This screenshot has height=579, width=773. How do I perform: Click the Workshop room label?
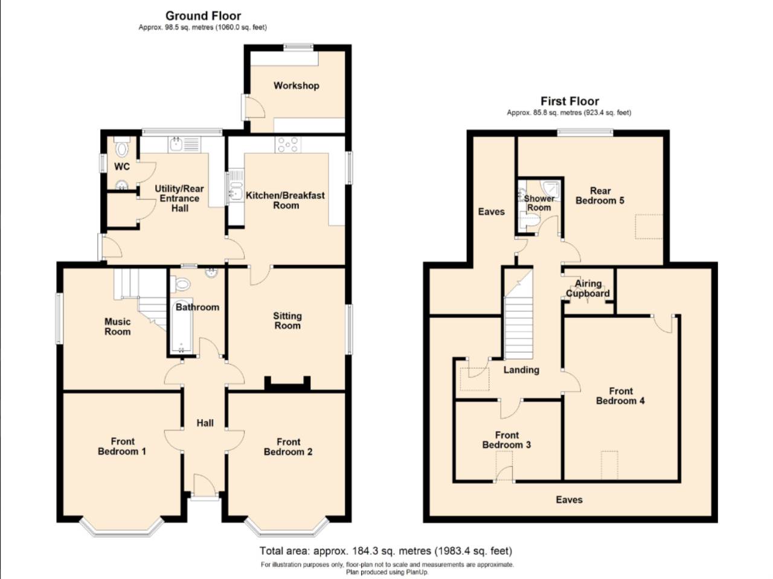click(296, 86)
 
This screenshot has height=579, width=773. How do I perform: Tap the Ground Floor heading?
click(203, 16)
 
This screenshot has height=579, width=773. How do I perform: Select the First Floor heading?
click(569, 101)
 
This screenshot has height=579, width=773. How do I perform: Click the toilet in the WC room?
click(121, 148)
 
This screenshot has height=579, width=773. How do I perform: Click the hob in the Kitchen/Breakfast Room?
click(287, 145)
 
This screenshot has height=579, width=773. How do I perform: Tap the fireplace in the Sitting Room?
click(287, 384)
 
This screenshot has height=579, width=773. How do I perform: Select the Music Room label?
click(117, 326)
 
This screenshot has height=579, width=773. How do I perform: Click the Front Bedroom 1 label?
click(122, 446)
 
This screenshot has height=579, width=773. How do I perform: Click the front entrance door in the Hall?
click(204, 486)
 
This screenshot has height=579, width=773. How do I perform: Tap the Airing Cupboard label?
click(588, 288)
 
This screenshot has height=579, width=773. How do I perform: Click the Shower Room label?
click(539, 203)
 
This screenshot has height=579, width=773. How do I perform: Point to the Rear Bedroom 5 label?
click(600, 195)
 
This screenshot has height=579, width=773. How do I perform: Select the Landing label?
click(521, 370)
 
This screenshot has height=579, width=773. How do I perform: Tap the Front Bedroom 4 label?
click(620, 396)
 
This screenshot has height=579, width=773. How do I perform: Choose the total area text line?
click(386, 551)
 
